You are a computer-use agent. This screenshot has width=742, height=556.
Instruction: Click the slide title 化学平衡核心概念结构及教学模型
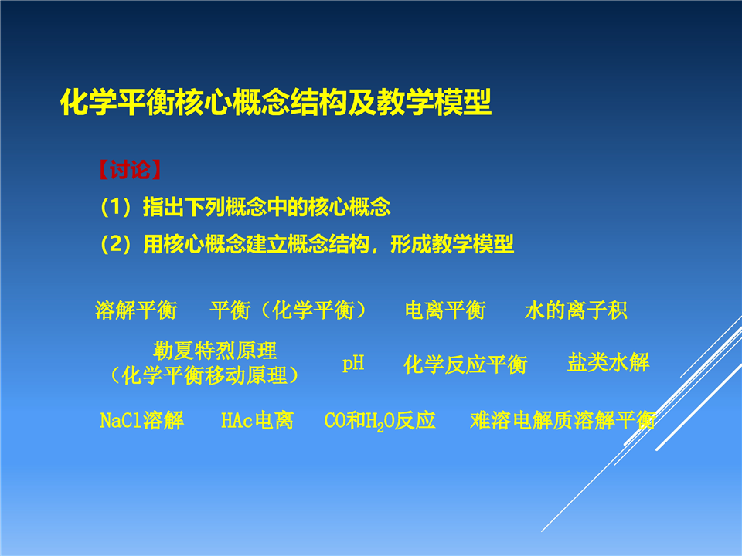[x=276, y=102]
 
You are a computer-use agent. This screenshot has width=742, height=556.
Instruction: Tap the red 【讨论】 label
[x=130, y=170]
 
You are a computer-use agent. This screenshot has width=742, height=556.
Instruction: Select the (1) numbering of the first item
[x=115, y=207]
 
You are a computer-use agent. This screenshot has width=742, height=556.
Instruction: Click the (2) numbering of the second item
[x=115, y=244]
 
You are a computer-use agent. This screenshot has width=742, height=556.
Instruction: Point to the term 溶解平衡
[x=136, y=310]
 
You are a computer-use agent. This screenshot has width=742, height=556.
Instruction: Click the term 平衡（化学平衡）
[x=288, y=310]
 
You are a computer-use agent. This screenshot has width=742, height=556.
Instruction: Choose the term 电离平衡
[x=445, y=310]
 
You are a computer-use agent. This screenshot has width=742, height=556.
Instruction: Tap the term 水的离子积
[x=575, y=310]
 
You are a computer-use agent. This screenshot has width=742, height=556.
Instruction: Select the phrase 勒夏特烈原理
[x=215, y=351]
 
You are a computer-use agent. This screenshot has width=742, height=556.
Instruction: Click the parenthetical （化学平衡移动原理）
[x=204, y=375]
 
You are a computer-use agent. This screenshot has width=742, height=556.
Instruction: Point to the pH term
[x=353, y=364]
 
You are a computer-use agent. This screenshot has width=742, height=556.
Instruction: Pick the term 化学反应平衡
[x=465, y=364]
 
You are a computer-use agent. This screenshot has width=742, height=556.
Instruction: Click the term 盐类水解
[x=608, y=362]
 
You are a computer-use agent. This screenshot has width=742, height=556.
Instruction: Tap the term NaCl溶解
[x=142, y=420]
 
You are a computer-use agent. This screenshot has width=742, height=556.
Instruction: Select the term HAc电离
[x=257, y=420]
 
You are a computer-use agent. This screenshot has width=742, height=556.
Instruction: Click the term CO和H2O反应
[x=380, y=421]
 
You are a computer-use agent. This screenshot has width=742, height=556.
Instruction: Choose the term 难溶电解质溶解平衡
[x=563, y=420]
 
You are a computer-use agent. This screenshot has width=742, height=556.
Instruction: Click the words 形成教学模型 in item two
[x=452, y=244]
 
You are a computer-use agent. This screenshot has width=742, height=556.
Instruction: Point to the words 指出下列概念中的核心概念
[x=267, y=207]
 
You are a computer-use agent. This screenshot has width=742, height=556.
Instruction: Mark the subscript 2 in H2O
[x=380, y=426]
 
